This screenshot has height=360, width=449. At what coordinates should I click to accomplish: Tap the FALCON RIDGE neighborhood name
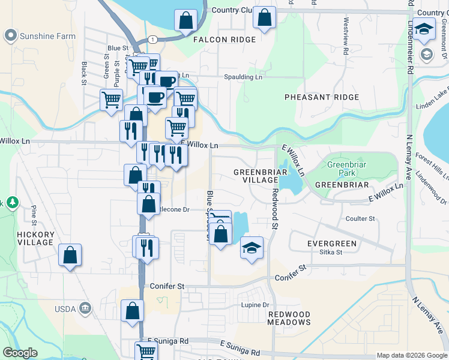click(224, 40)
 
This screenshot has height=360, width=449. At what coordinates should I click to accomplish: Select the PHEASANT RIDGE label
click(316, 97)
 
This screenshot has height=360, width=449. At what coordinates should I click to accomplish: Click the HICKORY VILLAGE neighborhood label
click(36, 238)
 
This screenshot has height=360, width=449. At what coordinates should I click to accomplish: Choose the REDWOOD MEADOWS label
click(289, 318)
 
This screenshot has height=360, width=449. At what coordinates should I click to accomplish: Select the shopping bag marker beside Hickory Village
click(70, 255)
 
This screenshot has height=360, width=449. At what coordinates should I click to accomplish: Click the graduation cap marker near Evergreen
click(252, 247)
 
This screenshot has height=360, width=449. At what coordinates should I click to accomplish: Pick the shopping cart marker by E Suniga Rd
click(146, 351)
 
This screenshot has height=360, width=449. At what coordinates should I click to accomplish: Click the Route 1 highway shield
click(154, 39)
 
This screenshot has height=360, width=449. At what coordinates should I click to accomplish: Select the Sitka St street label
click(331, 253)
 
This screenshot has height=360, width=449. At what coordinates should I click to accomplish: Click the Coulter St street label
click(360, 219)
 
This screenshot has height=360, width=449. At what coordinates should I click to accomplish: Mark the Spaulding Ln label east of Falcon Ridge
click(243, 77)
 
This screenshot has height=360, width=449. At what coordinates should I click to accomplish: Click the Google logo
click(21, 353)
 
